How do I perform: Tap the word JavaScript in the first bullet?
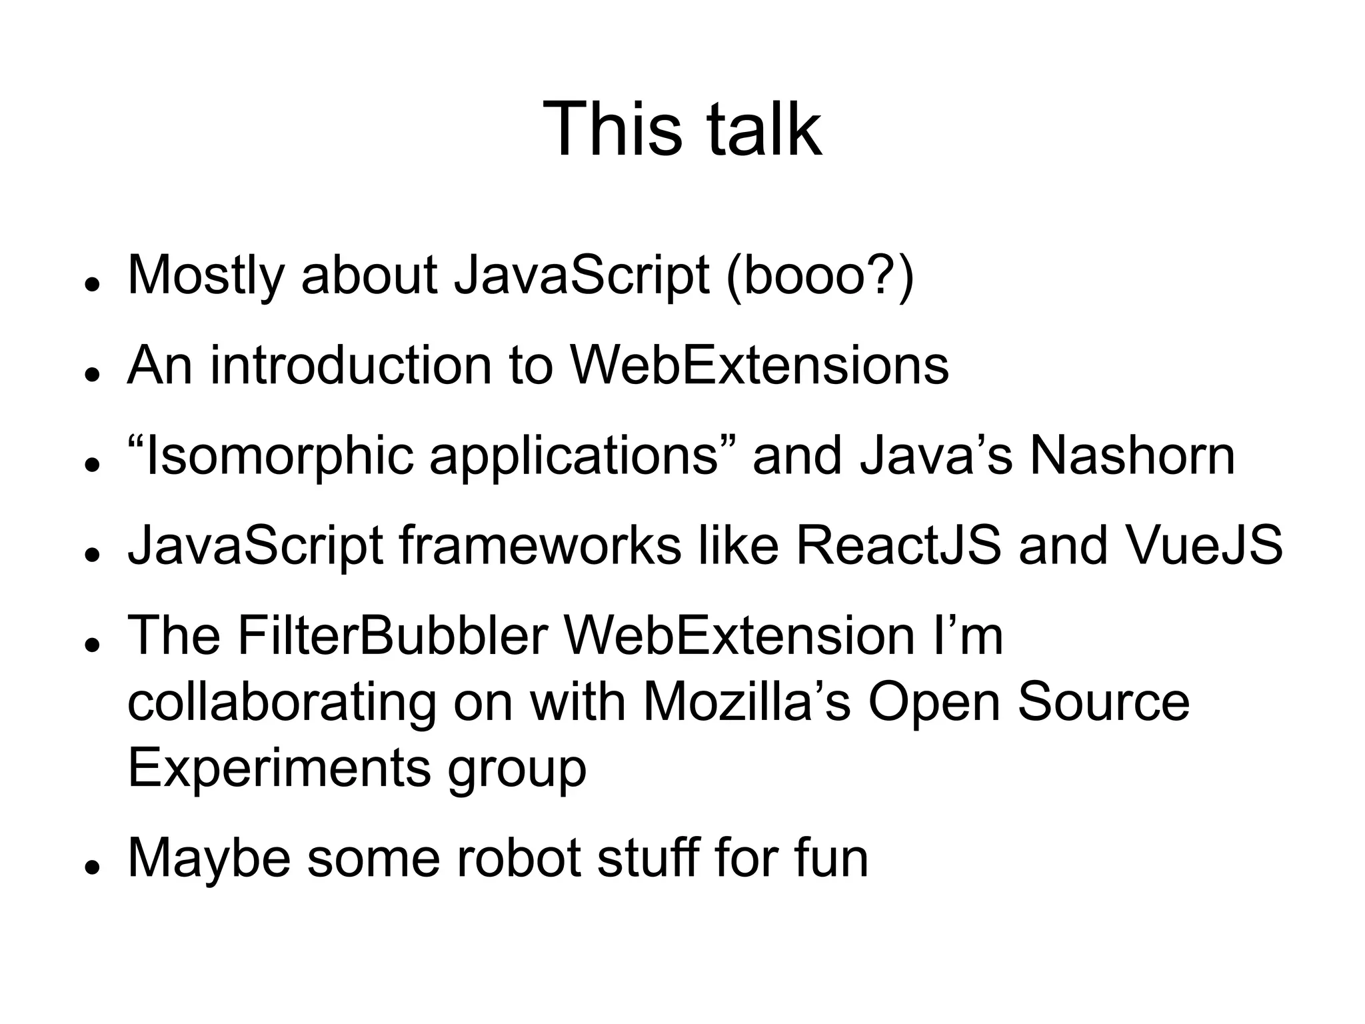point(582,275)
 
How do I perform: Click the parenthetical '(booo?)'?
point(820,275)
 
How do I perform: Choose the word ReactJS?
point(898,546)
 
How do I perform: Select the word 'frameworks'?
point(540,546)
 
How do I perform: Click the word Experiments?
point(279,768)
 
